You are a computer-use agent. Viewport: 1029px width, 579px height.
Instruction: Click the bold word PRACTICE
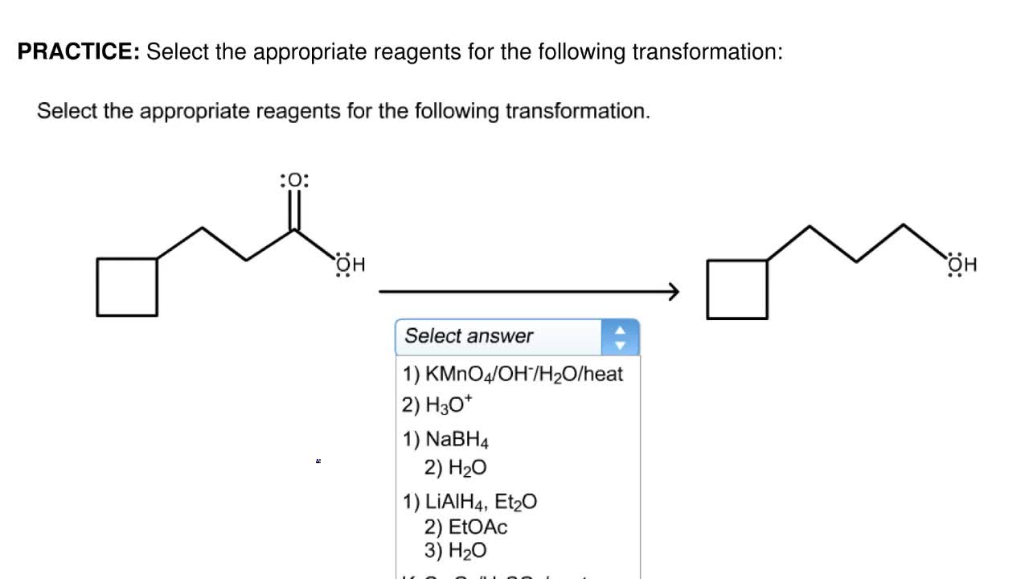(x=79, y=52)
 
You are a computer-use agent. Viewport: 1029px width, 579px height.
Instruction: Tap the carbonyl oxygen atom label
(x=294, y=180)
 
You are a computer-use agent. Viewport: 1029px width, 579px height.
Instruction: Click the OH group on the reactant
(x=350, y=265)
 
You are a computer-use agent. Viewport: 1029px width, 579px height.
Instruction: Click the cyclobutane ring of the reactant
(x=127, y=287)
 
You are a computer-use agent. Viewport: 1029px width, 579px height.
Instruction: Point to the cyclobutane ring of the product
(x=736, y=289)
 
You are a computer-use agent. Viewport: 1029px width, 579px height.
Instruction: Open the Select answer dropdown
(x=498, y=336)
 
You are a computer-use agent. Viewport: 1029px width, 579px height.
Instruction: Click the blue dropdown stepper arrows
(x=620, y=337)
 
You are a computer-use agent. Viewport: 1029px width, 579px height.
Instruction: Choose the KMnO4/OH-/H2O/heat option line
(x=513, y=374)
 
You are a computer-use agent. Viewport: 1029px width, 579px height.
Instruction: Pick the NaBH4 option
(x=446, y=440)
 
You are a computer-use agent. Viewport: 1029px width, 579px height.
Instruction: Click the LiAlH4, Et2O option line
(x=470, y=503)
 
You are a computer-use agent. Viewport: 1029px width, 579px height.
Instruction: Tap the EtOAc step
(x=466, y=528)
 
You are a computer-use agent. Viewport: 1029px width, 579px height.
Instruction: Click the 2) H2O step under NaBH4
(x=456, y=468)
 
